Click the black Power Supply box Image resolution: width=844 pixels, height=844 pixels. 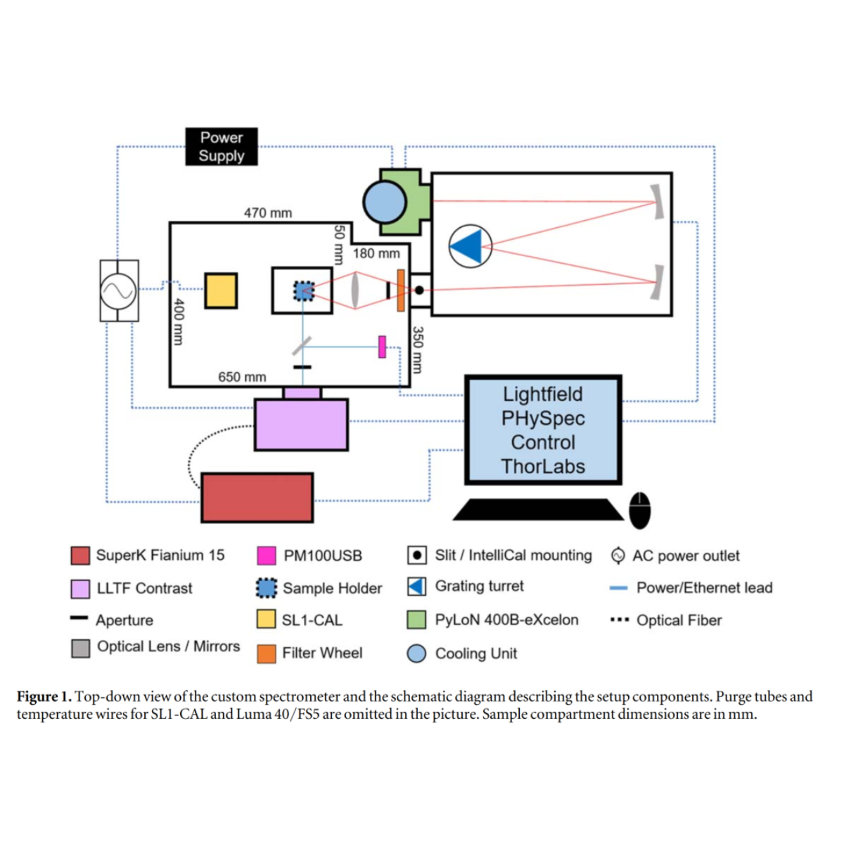tap(222, 146)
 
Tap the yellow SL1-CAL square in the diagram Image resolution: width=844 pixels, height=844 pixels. tap(221, 290)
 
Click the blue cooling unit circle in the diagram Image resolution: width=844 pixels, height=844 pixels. tap(385, 203)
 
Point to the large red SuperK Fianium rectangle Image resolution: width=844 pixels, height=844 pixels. tap(257, 497)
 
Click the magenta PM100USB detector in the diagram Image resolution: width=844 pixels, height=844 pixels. tap(382, 346)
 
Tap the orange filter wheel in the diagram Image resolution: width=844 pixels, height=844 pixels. tap(400, 290)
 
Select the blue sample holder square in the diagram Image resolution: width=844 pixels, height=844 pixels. tap(304, 290)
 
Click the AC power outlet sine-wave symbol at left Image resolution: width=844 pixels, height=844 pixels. tap(119, 290)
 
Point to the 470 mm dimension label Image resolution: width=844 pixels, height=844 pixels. tap(268, 212)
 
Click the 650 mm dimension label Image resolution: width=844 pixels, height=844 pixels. tap(242, 377)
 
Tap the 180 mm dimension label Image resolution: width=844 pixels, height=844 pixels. tap(376, 253)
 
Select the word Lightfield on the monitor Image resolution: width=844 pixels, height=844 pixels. tap(543, 394)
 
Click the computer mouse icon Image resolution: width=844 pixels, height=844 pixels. tap(639, 509)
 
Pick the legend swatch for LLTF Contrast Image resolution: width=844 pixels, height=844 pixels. tap(80, 589)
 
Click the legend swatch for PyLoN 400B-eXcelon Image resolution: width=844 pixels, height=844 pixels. tap(416, 620)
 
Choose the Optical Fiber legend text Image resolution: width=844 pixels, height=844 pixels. tap(679, 620)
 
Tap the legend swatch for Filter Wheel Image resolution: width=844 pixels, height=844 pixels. tap(267, 653)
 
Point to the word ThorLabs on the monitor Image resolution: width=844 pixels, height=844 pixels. tap(543, 466)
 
